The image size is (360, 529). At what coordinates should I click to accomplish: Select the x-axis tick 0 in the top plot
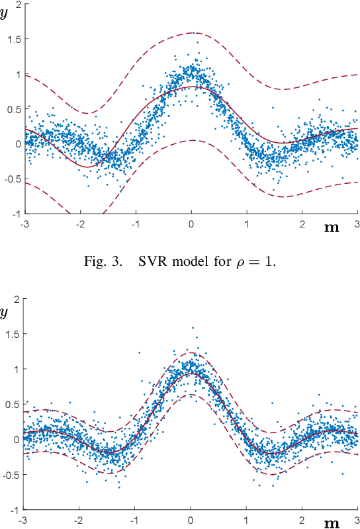pyautogui.click(x=191, y=223)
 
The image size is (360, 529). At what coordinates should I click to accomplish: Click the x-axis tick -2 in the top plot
pyautogui.click(x=79, y=223)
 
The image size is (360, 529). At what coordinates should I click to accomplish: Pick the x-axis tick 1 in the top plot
pyautogui.click(x=247, y=223)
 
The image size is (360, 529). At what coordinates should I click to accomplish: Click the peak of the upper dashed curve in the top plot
pyautogui.click(x=191, y=32)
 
